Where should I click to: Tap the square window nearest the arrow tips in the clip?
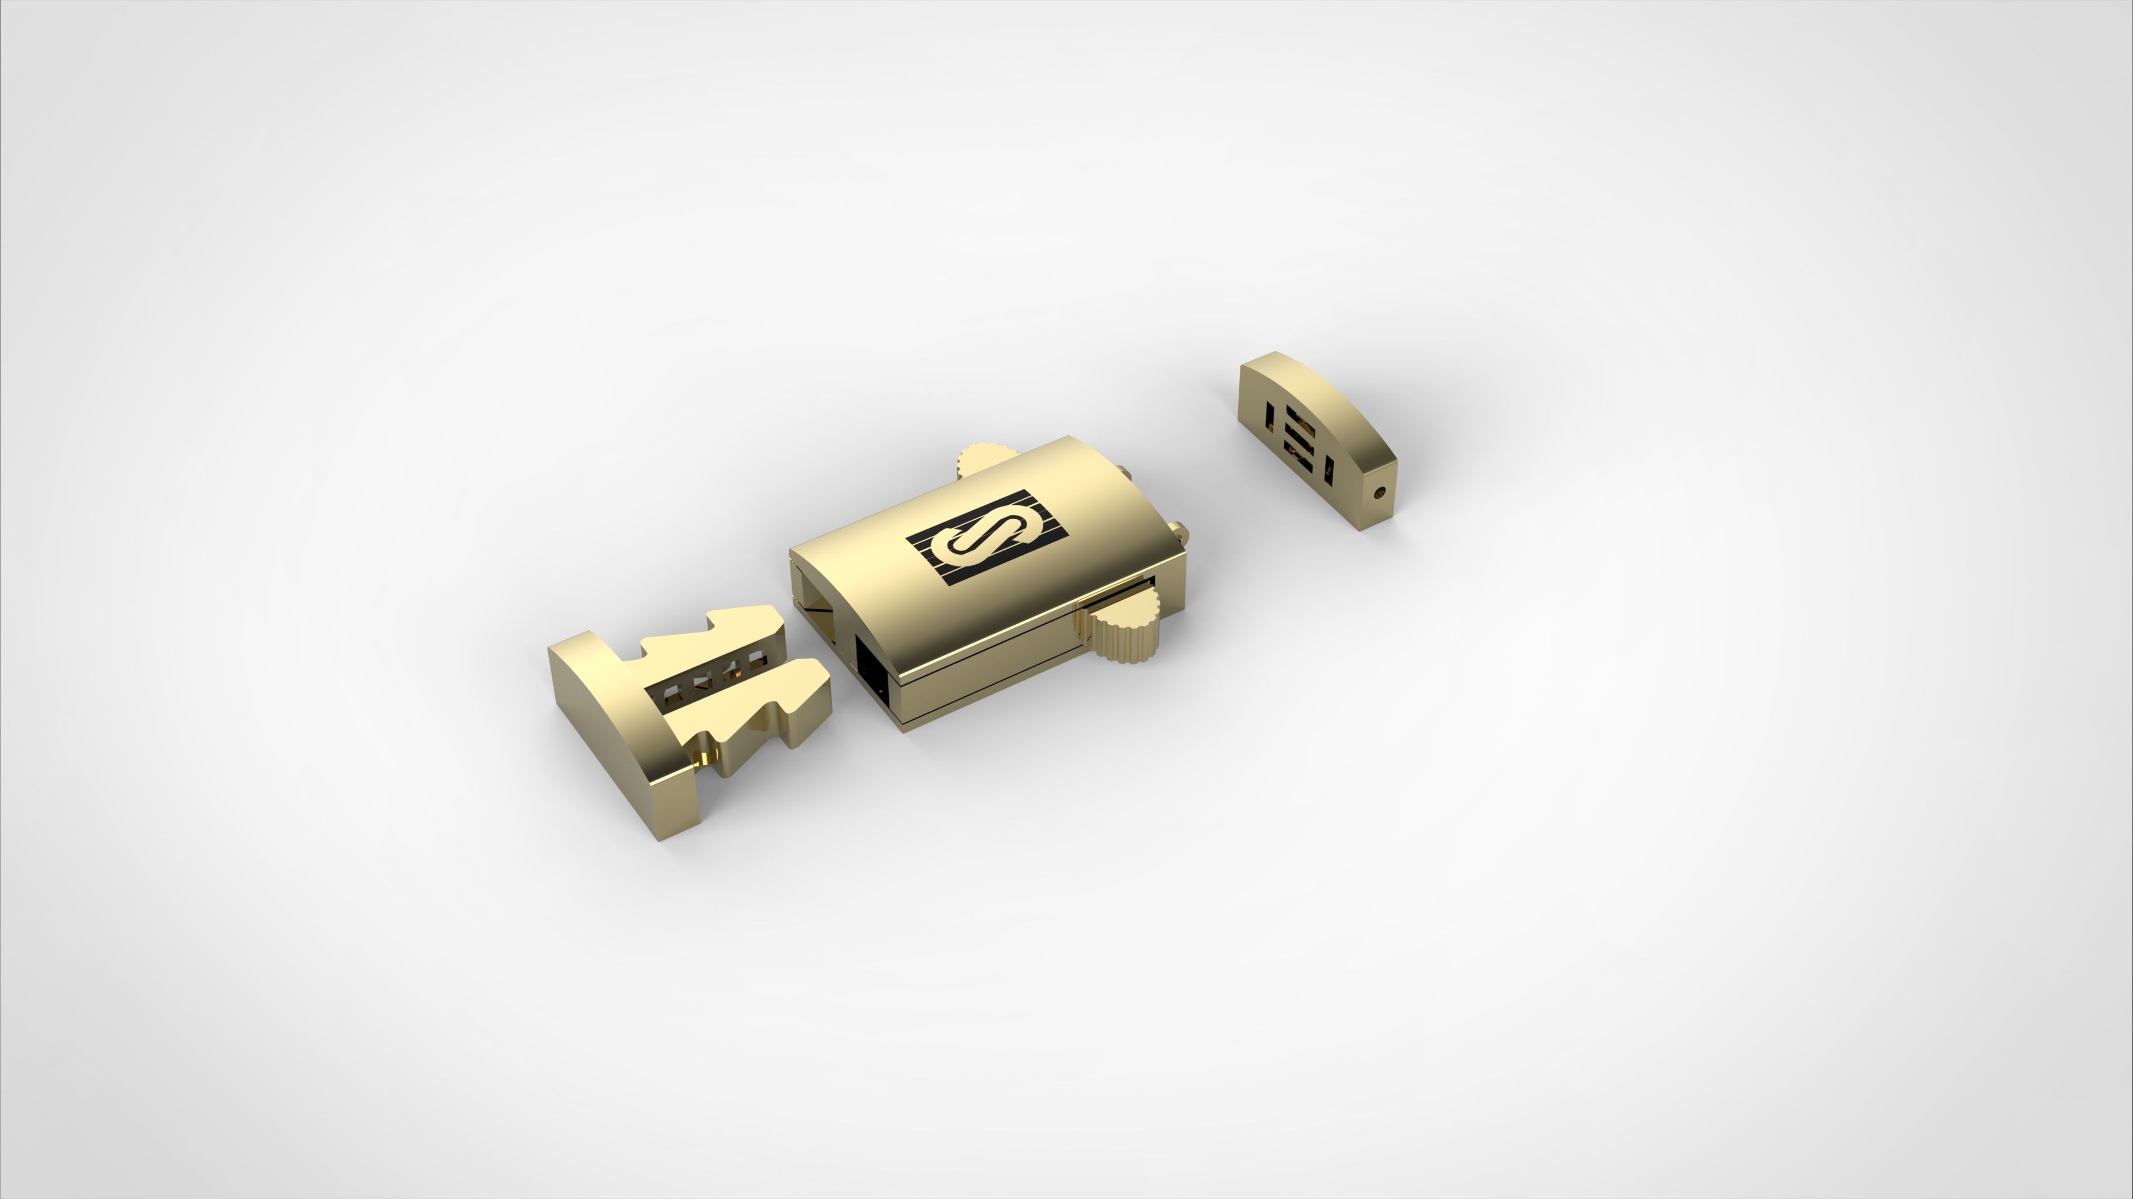177,661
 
